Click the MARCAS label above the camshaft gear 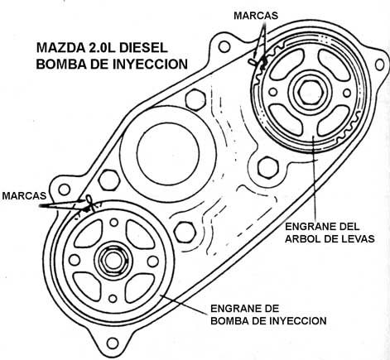(256, 16)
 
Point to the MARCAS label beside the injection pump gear (24, 195)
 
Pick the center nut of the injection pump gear (113, 260)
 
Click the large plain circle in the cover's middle (168, 153)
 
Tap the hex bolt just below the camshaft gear (267, 167)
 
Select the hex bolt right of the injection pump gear (185, 233)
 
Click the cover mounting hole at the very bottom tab (112, 343)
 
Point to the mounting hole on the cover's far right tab (379, 65)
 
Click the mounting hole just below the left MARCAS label (65, 190)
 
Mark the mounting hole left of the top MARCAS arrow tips (224, 46)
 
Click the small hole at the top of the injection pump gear (114, 222)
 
